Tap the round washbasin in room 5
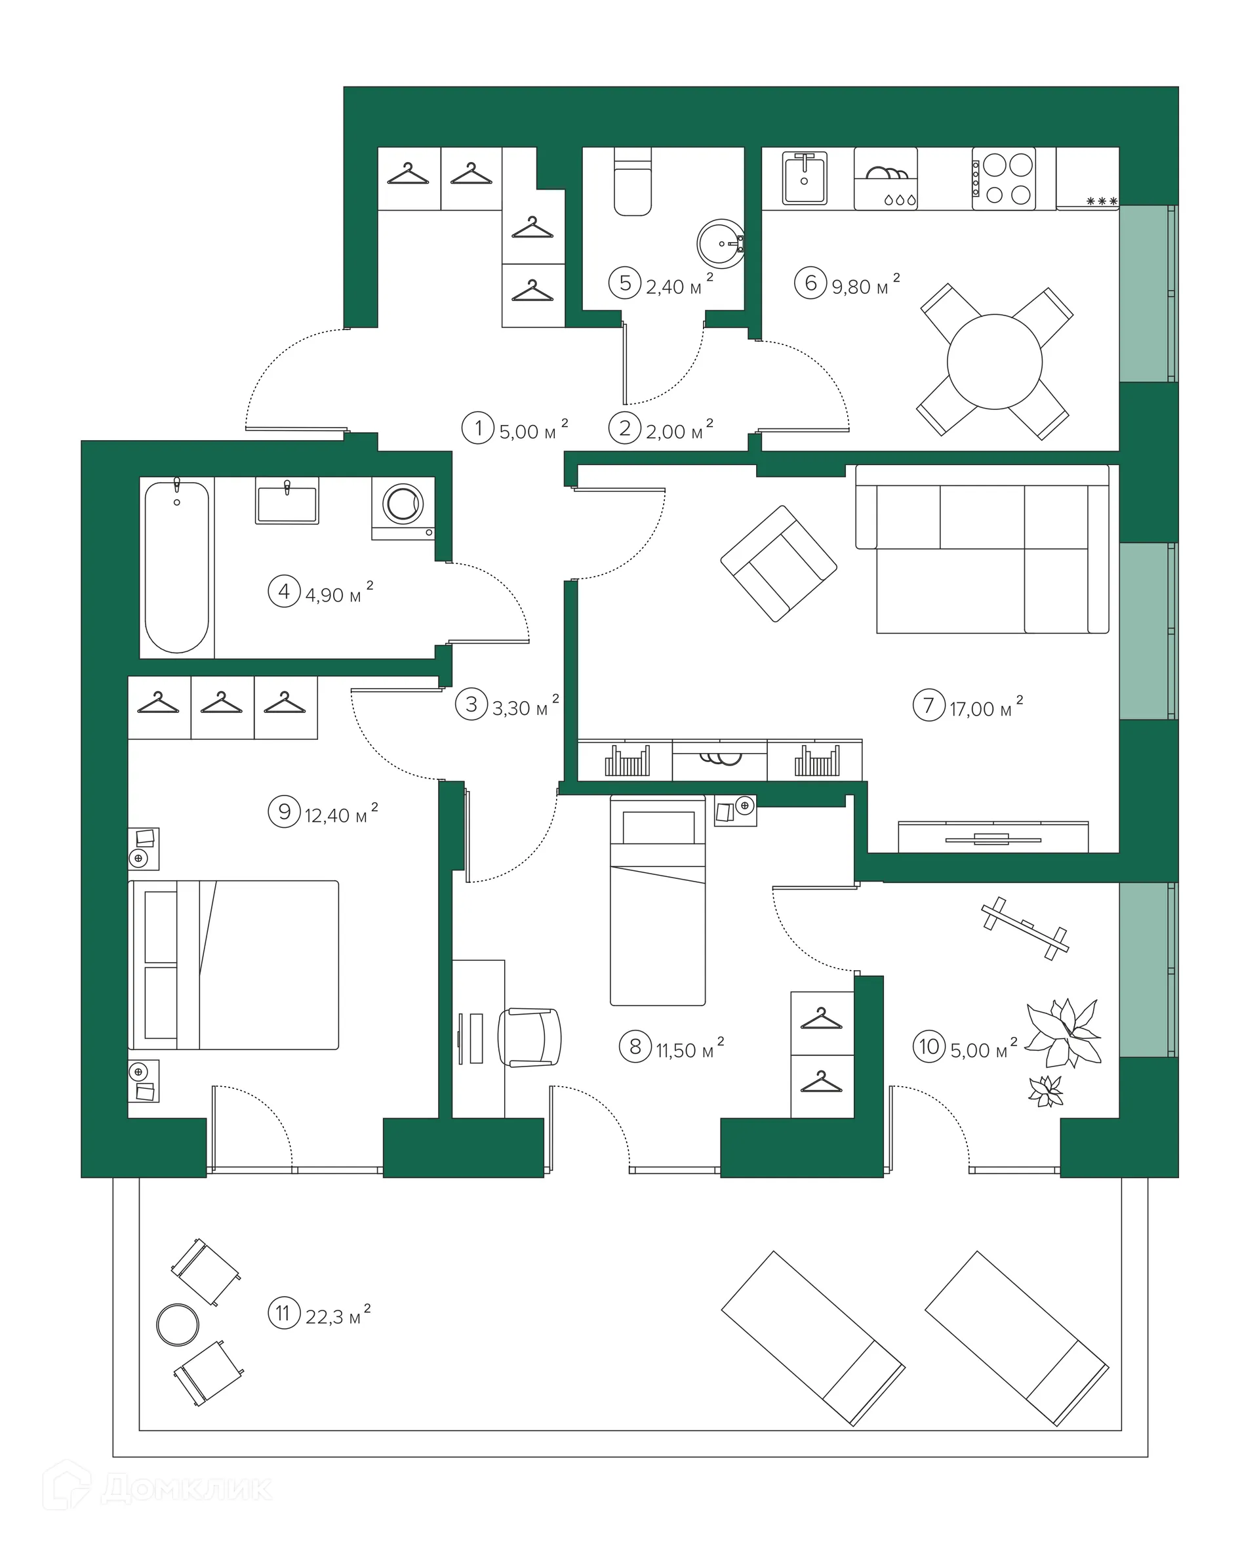click(x=720, y=244)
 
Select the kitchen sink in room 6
click(x=805, y=178)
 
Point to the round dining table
click(x=994, y=361)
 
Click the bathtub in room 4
click(x=177, y=567)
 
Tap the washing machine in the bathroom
click(x=403, y=508)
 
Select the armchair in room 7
click(x=778, y=563)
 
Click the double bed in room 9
click(x=233, y=965)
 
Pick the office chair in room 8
click(x=529, y=1037)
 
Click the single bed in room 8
click(x=658, y=900)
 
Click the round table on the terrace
click(x=178, y=1324)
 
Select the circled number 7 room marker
click(x=929, y=704)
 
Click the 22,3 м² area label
click(x=338, y=1315)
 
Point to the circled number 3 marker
click(x=471, y=704)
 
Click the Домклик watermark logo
click(x=157, y=1489)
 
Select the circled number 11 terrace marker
click(x=283, y=1313)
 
